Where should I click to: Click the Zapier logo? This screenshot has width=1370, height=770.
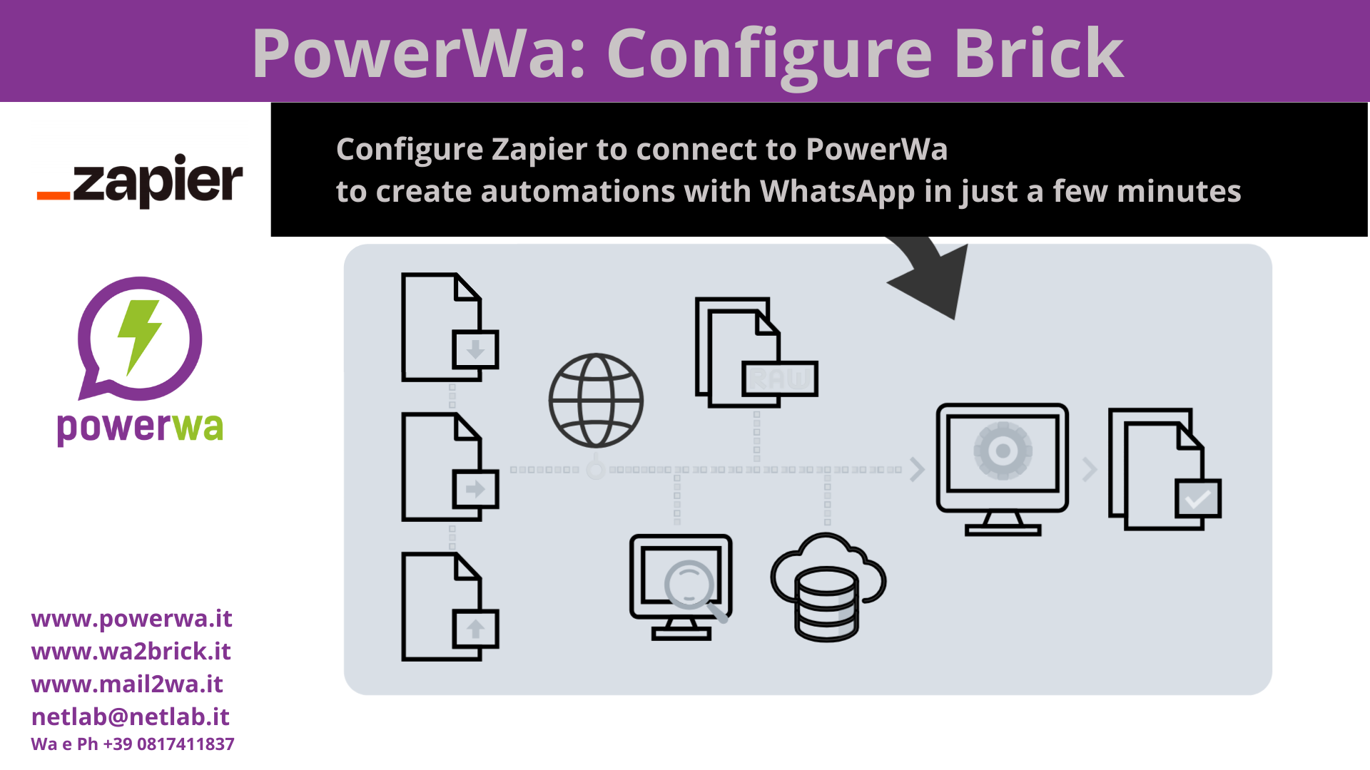[x=140, y=181]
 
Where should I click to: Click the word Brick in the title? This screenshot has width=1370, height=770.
[x=1038, y=53]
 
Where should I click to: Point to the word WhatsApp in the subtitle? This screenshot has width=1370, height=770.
[x=837, y=191]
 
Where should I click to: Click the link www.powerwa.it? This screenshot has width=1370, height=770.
[x=132, y=618]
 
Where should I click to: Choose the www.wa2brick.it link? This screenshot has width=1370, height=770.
[x=131, y=651]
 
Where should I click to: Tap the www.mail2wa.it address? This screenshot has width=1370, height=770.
[x=127, y=684]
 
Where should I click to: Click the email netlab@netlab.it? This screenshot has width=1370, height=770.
[x=131, y=717]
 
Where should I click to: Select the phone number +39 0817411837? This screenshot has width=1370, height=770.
[x=168, y=744]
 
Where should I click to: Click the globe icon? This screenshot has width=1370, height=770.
[x=596, y=401]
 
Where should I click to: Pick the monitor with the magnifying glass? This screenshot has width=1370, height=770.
[x=681, y=587]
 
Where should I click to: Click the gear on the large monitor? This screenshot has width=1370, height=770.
[x=1003, y=451]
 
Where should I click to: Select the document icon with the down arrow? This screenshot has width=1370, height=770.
[x=450, y=327]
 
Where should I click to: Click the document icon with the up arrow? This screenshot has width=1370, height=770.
[x=450, y=607]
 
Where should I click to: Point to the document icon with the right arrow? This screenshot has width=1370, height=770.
[x=450, y=467]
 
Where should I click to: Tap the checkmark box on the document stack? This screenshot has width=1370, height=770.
[x=1198, y=499]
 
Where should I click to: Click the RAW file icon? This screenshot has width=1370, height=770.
[x=756, y=352]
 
